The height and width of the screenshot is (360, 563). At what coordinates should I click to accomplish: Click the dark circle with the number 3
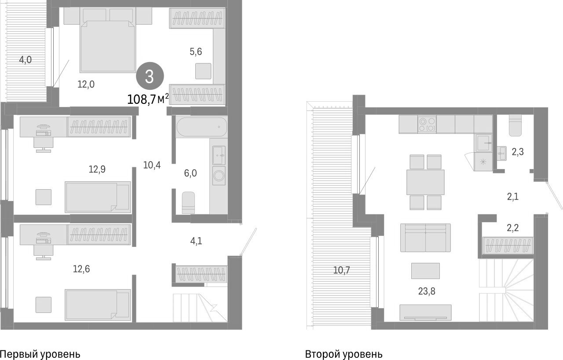[150, 77]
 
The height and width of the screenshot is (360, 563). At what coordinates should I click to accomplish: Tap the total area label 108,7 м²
[148, 99]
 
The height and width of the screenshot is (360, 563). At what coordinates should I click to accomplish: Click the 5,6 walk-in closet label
[196, 51]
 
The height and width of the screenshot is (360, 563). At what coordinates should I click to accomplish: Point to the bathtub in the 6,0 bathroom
[202, 127]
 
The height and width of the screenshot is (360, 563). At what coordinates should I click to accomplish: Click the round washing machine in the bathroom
[219, 177]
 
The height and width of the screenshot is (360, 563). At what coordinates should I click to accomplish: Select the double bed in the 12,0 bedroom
[108, 46]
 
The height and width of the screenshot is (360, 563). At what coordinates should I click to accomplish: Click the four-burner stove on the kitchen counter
[427, 124]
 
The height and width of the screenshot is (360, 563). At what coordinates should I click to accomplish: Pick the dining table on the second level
[425, 182]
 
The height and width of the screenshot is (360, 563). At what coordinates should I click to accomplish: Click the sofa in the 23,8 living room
[425, 237]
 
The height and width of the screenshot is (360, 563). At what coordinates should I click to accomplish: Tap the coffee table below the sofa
[425, 271]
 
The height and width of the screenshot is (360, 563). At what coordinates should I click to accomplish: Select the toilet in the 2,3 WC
[515, 125]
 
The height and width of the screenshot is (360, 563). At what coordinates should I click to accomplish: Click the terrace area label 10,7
[342, 270]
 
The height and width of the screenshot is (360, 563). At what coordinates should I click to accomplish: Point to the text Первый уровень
[40, 354]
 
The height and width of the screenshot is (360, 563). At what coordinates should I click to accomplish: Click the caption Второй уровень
[344, 354]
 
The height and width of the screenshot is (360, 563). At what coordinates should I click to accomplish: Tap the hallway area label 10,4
[152, 165]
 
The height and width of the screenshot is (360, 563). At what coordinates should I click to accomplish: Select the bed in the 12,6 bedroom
[98, 304]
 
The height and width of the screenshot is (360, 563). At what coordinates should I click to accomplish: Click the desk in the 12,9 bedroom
[43, 127]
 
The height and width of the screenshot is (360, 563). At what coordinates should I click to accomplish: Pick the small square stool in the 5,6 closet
[203, 71]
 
